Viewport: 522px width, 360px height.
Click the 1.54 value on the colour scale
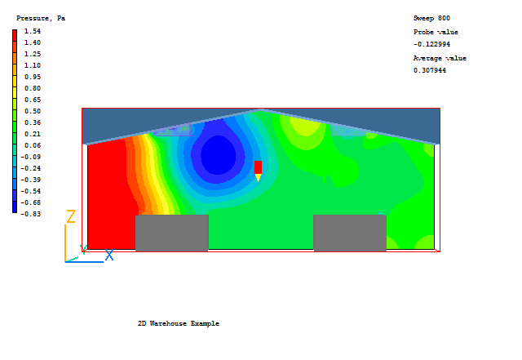pyautogui.click(x=33, y=31)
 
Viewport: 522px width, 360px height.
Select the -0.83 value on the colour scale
pyautogui.click(x=31, y=214)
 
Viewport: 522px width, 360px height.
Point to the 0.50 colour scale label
pyautogui.click(x=33, y=111)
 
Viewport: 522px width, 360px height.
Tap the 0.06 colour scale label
pyautogui.click(x=33, y=145)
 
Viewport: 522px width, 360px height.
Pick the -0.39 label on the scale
pyautogui.click(x=31, y=180)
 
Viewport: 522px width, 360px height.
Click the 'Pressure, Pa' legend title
pyautogui.click(x=41, y=18)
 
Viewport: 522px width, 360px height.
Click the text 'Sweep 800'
pyautogui.click(x=431, y=18)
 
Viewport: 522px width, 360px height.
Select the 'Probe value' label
pyautogui.click(x=436, y=33)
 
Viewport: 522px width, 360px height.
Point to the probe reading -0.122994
pyautogui.click(x=431, y=44)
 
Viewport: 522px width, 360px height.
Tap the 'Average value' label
pyautogui.click(x=440, y=58)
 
